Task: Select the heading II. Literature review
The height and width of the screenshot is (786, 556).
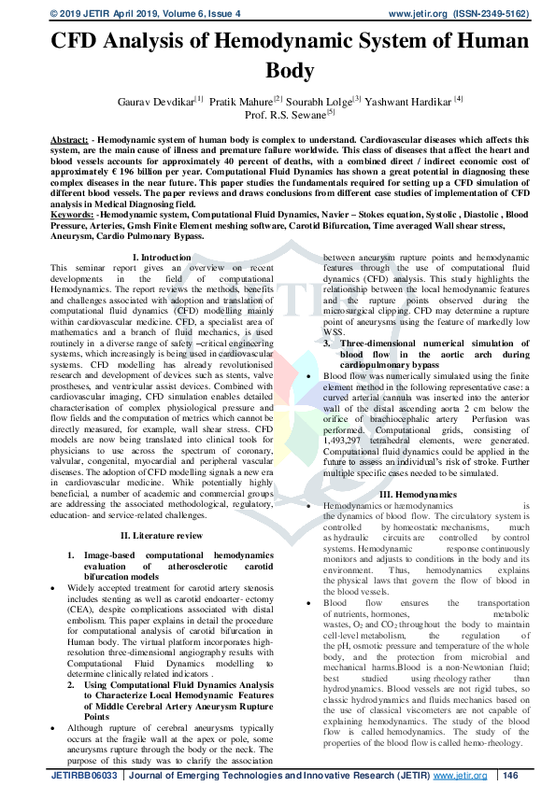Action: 162,535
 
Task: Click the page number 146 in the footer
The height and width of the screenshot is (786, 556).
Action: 509,776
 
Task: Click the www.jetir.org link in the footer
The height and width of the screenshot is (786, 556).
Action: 460,776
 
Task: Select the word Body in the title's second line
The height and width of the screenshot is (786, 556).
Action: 278,70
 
